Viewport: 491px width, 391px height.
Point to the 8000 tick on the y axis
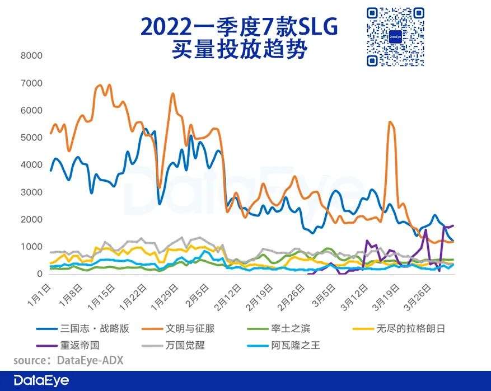[x=32, y=55]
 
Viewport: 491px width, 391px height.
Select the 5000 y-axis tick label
[x=32, y=138]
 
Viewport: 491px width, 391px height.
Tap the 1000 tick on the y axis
[x=32, y=247]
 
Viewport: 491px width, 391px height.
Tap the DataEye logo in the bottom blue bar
[x=41, y=381]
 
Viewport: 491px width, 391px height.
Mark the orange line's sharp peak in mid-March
[x=390, y=122]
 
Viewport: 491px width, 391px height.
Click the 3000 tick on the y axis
[x=32, y=192]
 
